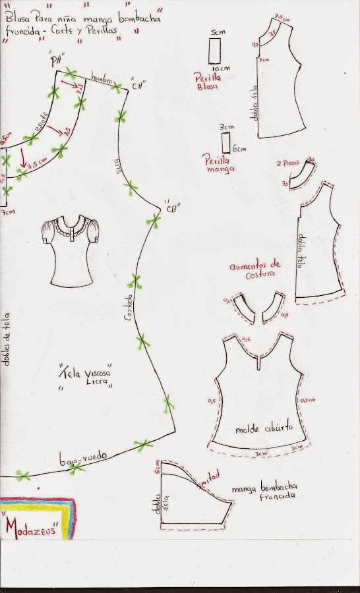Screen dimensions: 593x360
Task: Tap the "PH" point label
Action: pyautogui.click(x=63, y=61)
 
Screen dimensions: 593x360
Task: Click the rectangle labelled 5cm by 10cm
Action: pyautogui.click(x=213, y=50)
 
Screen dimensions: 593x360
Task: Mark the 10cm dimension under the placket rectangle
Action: pyautogui.click(x=214, y=68)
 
